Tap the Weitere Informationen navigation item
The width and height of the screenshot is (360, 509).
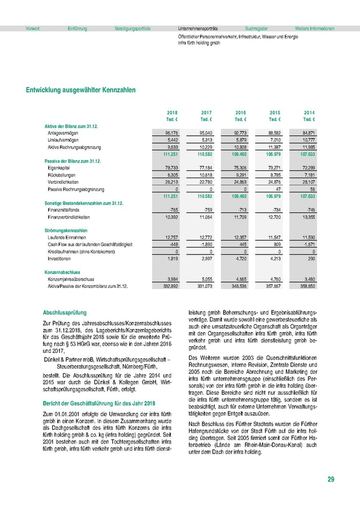(x=315, y=28)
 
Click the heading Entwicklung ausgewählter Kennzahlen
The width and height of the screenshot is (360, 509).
(x=80, y=89)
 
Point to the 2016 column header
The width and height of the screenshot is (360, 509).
(x=241, y=113)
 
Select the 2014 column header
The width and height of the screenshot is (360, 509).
(x=310, y=113)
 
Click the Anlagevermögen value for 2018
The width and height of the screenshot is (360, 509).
(x=170, y=132)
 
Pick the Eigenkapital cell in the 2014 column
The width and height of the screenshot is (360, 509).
(x=308, y=168)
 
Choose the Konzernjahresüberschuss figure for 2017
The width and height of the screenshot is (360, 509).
(x=204, y=279)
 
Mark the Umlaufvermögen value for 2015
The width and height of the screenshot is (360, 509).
(x=274, y=139)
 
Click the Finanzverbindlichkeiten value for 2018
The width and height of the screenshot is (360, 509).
(x=170, y=217)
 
